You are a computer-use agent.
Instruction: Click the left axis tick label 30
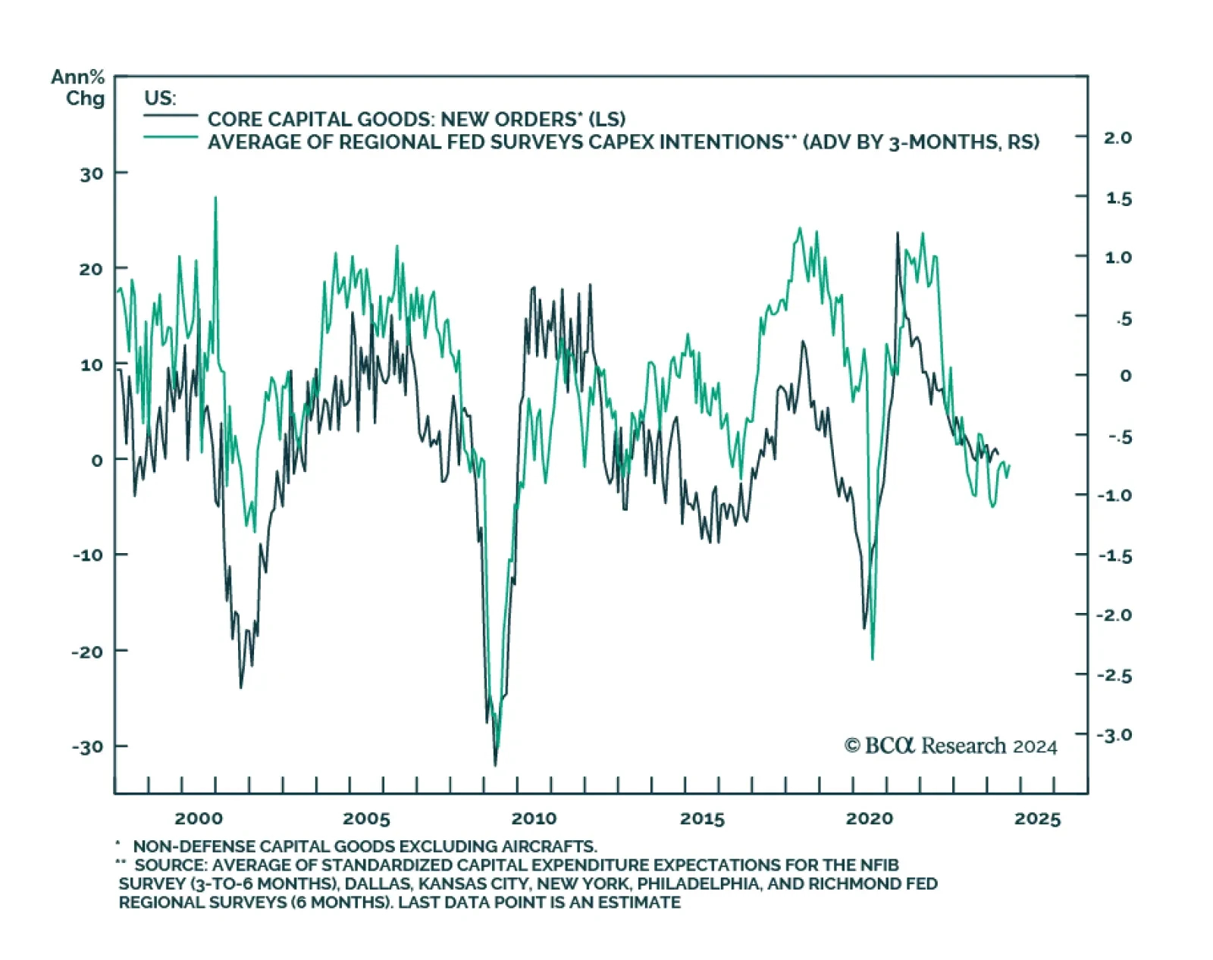[91, 174]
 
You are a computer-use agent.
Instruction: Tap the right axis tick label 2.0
[1117, 138]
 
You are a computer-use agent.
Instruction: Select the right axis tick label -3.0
[1114, 735]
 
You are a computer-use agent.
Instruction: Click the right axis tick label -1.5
[1114, 556]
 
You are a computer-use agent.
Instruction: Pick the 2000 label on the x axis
[199, 819]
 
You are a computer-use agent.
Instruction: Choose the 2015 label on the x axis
[702, 819]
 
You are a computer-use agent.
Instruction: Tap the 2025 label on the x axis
[1037, 819]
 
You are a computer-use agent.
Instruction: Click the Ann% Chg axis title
[78, 88]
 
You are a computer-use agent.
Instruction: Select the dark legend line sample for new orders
[171, 115]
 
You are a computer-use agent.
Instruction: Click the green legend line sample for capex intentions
[171, 137]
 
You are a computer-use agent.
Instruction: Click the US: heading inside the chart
[160, 99]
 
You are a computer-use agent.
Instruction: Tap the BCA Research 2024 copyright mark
[951, 746]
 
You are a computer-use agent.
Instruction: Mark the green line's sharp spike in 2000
[215, 199]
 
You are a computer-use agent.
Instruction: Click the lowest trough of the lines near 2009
[495, 764]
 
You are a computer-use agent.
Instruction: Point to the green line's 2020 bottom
[873, 658]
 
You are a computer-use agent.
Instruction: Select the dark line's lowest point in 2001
[241, 686]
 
